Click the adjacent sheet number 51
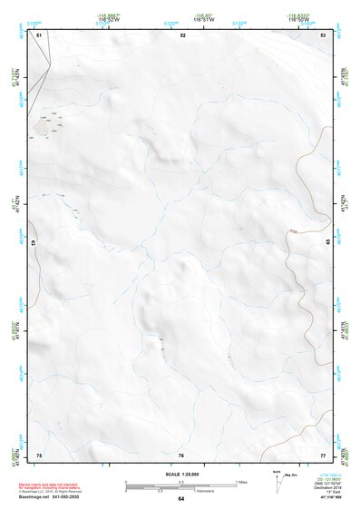[x=39, y=34]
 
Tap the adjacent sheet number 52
[x=182, y=34]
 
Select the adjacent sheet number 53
[x=323, y=34]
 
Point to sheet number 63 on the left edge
[x=33, y=243]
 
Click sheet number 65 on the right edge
[x=328, y=242]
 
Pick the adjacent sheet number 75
[x=39, y=454]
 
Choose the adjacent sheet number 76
[x=181, y=454]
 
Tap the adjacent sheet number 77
[x=323, y=454]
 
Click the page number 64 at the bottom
[x=181, y=499]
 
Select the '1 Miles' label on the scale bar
[x=241, y=482]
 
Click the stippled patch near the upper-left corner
[x=42, y=128]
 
